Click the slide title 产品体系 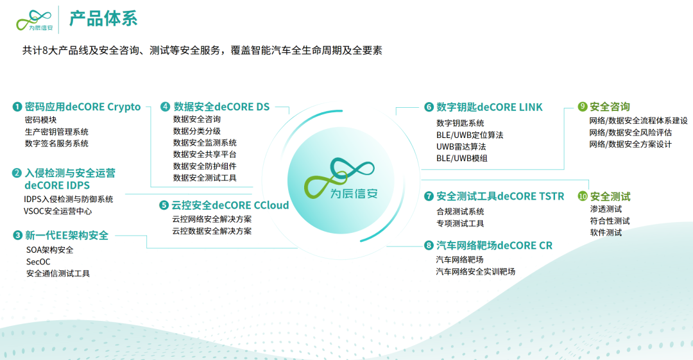click(103, 19)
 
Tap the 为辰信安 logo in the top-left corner click(35, 21)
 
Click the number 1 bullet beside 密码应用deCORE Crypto click(17, 107)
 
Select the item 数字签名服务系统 click(56, 143)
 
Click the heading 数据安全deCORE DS click(221, 107)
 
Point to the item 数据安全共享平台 click(205, 155)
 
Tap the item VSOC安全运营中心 click(58, 211)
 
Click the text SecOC click(38, 262)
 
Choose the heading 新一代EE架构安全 click(67, 236)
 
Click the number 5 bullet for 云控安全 click(164, 205)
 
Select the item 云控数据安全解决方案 click(212, 231)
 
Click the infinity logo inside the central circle click(339, 177)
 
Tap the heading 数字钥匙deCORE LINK click(489, 107)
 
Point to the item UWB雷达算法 click(461, 146)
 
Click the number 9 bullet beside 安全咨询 click(583, 107)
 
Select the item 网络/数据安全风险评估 click(630, 132)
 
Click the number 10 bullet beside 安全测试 click(583, 196)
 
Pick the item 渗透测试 click(606, 209)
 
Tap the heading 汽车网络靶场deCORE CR click(494, 245)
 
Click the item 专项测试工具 click(460, 223)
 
